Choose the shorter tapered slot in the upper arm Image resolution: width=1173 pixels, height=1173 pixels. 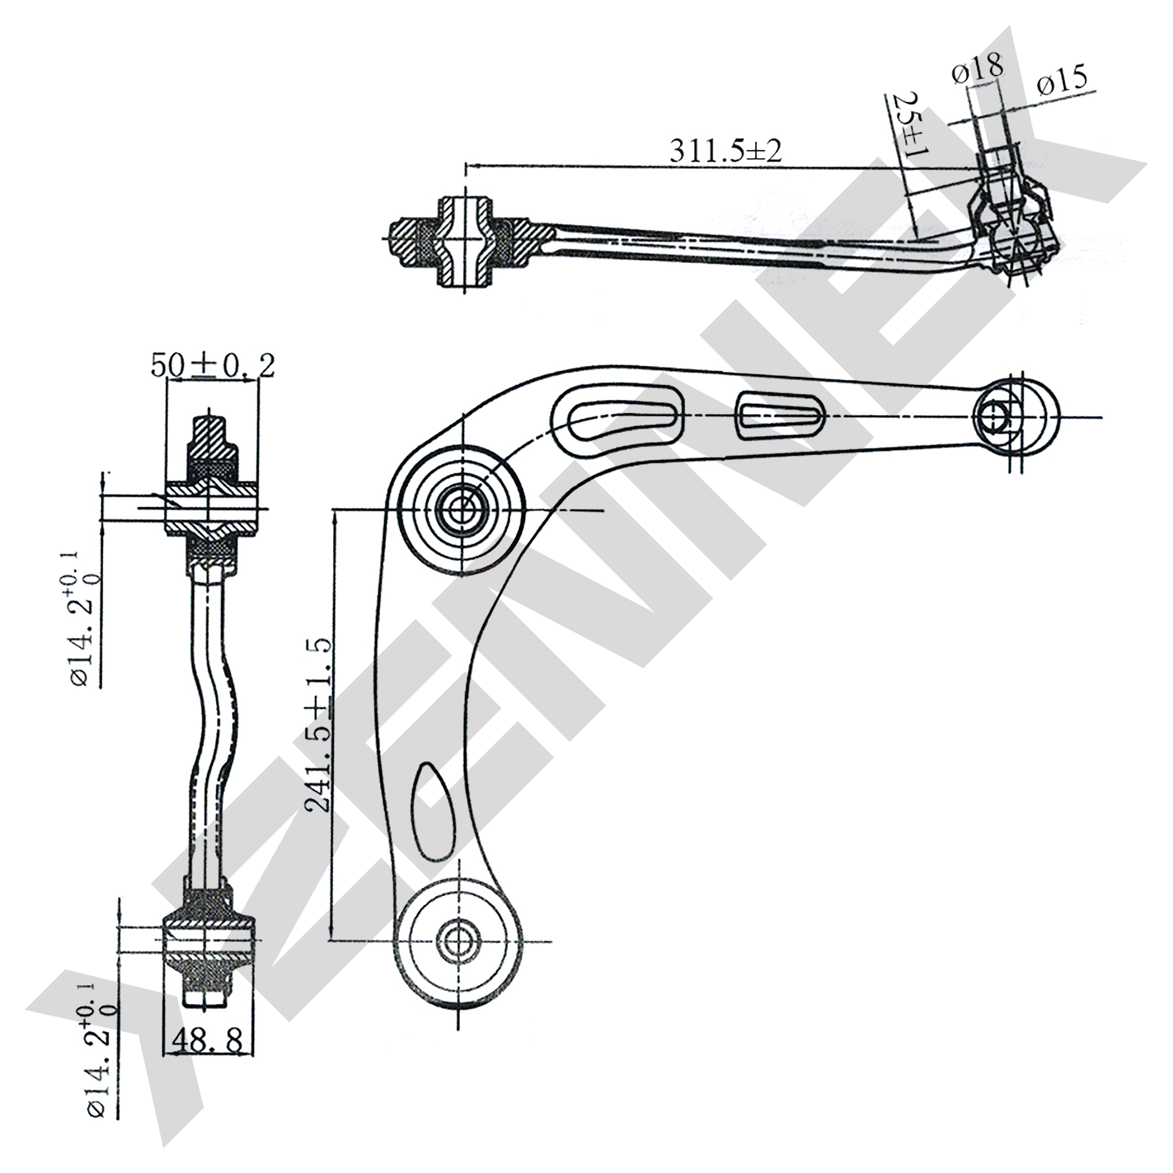pos(779,416)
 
